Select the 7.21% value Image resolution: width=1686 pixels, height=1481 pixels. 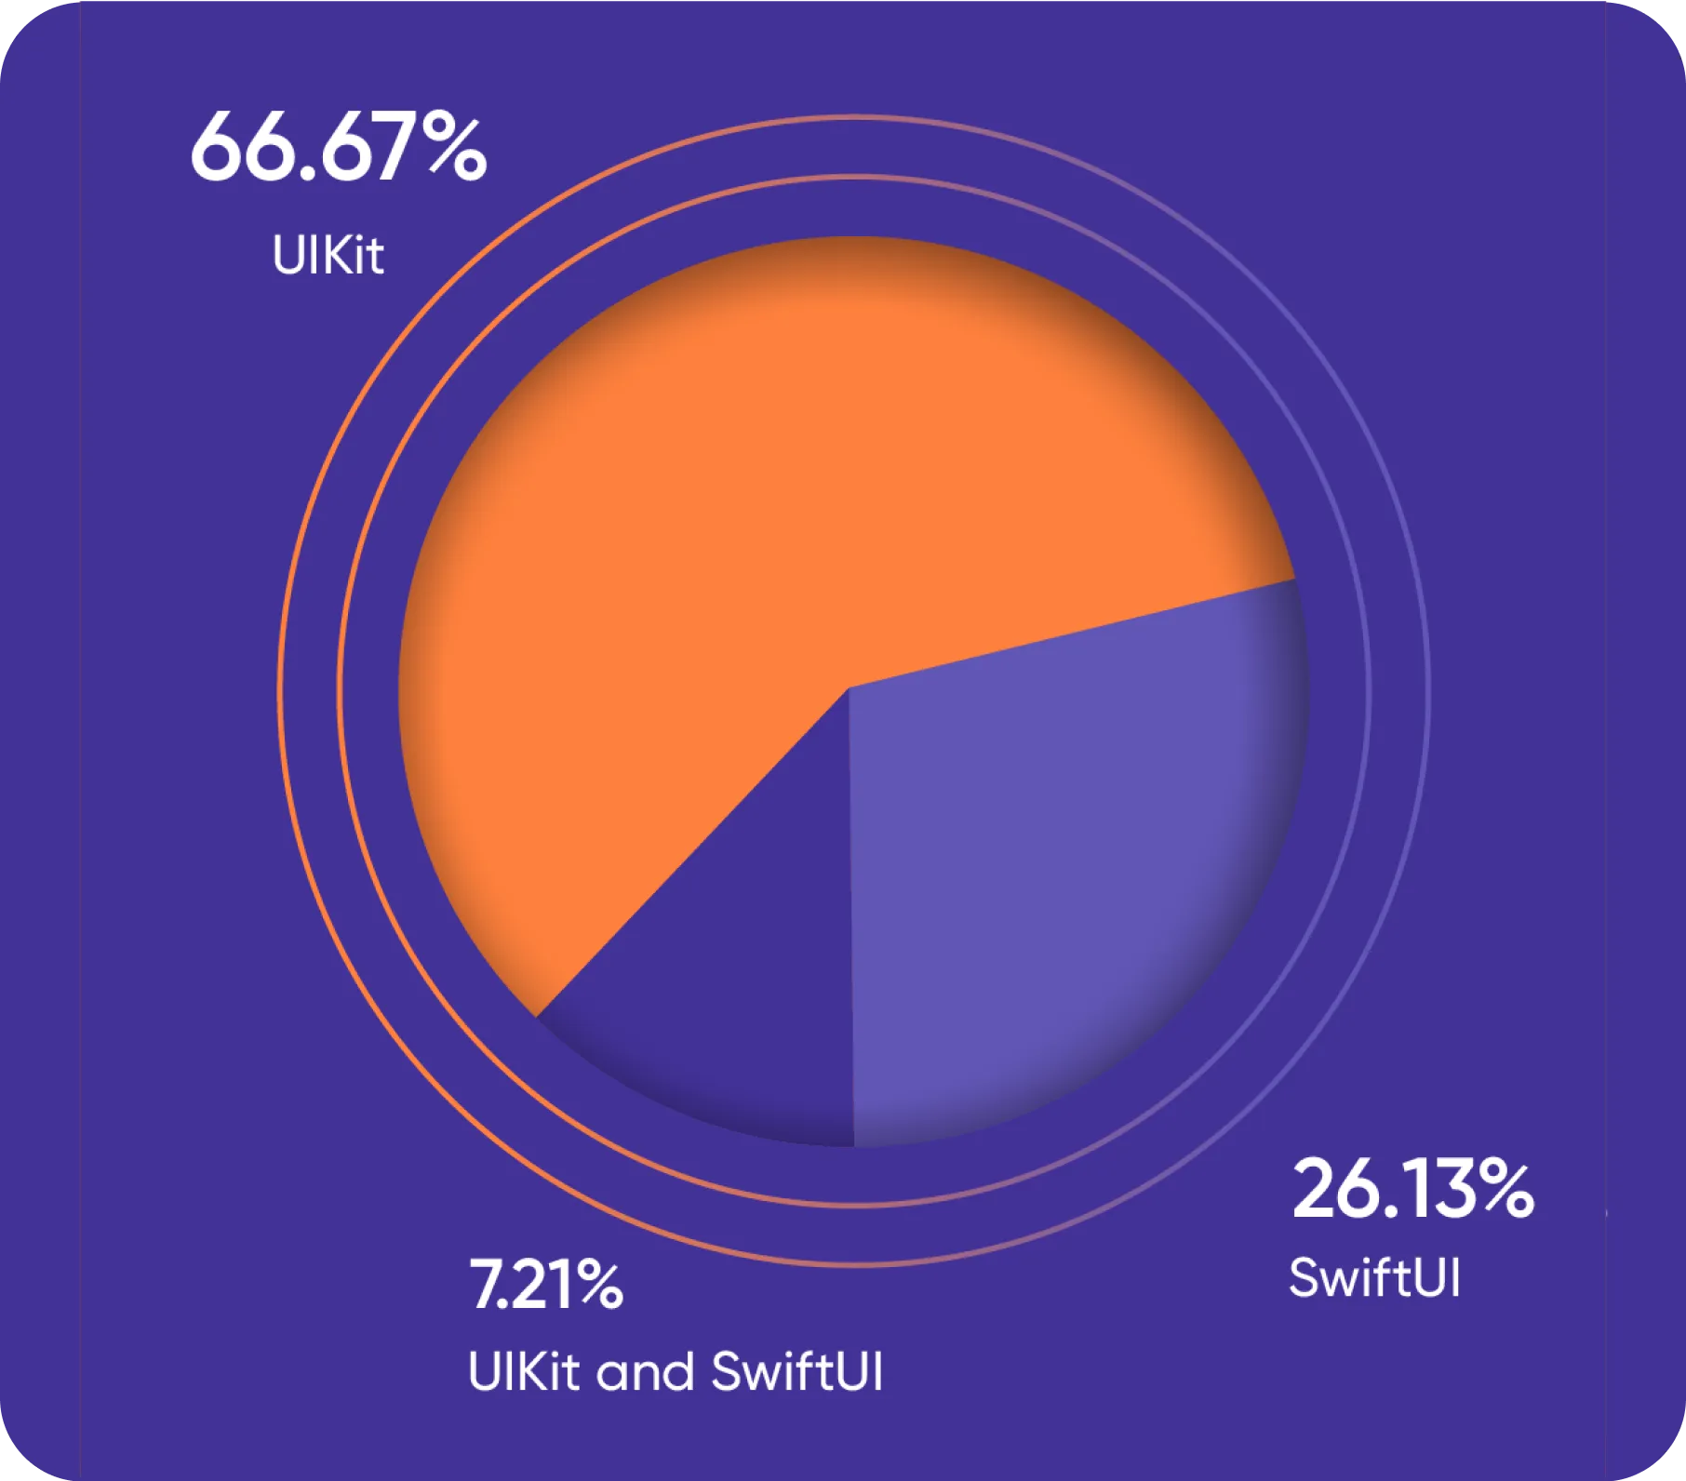[545, 1286]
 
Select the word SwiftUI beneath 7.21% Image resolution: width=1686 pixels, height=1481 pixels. [796, 1371]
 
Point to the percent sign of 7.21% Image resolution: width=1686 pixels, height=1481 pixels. [595, 1286]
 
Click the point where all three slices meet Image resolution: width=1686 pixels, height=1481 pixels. [849, 689]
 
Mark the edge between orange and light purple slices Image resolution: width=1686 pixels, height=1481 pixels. [1070, 634]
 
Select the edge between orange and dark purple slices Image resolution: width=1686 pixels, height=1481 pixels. [693, 851]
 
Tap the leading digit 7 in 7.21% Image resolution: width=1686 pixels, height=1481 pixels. [485, 1286]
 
